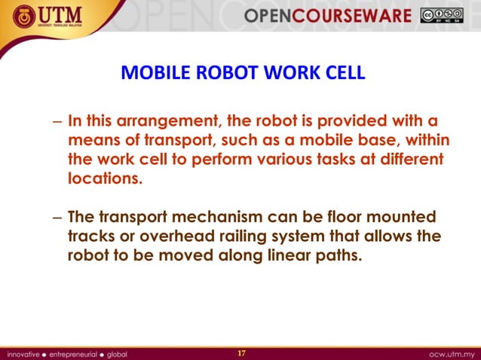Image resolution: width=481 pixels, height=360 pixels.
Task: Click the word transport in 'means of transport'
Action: (188, 141)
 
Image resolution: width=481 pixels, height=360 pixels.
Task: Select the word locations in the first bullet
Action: (104, 180)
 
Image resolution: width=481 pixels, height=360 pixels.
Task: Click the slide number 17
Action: (242, 352)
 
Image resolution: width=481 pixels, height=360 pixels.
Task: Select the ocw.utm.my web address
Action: (451, 352)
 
